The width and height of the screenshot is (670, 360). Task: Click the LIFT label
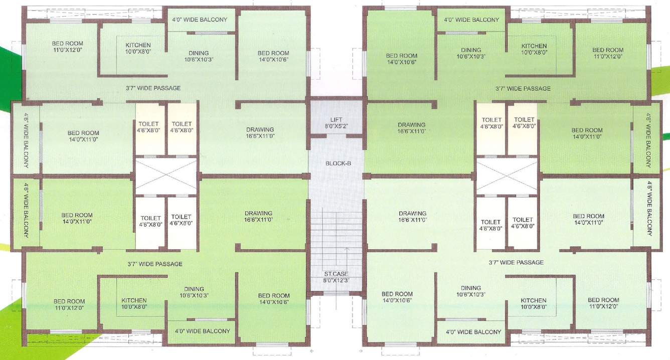(x=336, y=119)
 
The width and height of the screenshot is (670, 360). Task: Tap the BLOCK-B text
(x=336, y=163)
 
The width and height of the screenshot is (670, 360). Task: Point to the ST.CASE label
(x=336, y=274)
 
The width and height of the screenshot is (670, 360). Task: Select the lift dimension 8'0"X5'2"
(x=336, y=126)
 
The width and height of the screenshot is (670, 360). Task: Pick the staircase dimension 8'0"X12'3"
(x=336, y=280)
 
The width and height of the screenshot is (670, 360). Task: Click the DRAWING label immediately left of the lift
(x=260, y=130)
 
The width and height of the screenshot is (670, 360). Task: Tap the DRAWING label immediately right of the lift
(x=412, y=125)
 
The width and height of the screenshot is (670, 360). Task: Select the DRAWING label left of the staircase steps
(x=258, y=213)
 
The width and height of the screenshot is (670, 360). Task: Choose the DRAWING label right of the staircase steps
(x=412, y=213)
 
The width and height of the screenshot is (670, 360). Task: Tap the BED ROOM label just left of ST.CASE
(x=274, y=295)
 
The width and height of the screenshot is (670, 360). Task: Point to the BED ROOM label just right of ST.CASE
(x=397, y=294)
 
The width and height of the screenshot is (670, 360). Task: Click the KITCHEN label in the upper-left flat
(x=138, y=45)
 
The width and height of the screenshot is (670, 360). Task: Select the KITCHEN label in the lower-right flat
(x=533, y=300)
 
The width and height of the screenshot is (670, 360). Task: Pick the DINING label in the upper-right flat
(x=471, y=50)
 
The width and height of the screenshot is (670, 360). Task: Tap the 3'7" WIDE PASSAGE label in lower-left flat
(x=155, y=264)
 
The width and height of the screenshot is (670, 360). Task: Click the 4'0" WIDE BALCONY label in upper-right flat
(x=471, y=20)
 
